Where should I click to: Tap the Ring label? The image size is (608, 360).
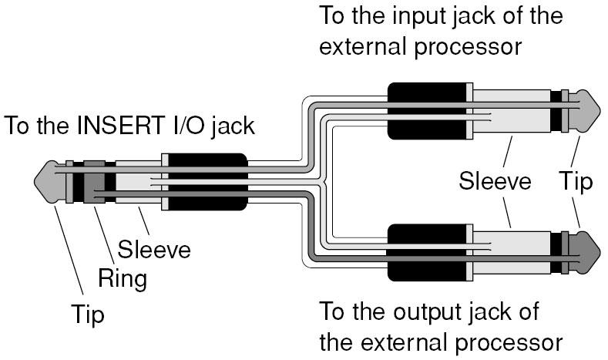tap(124, 278)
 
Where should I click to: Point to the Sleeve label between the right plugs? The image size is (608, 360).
tap(495, 182)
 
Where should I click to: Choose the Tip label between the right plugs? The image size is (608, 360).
tap(576, 182)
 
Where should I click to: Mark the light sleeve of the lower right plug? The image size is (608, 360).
tap(509, 250)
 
